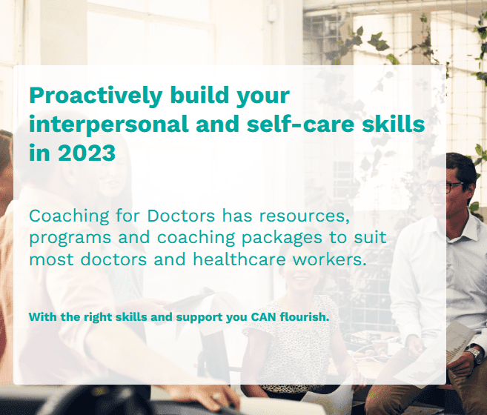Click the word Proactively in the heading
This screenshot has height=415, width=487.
tap(96, 96)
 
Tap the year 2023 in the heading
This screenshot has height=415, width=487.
tap(87, 153)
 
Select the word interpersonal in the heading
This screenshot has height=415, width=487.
tap(109, 124)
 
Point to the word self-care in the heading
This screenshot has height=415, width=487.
tap(301, 124)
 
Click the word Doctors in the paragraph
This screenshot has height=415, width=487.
tap(181, 216)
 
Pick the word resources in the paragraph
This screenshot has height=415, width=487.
tap(305, 216)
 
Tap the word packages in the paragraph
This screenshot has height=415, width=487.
tap(282, 239)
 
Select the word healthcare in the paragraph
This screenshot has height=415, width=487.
tap(239, 259)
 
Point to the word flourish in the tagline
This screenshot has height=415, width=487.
tap(305, 317)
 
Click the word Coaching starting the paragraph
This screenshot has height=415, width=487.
tap(69, 216)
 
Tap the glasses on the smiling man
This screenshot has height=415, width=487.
tap(441, 187)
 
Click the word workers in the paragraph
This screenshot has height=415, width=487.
tap(330, 259)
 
